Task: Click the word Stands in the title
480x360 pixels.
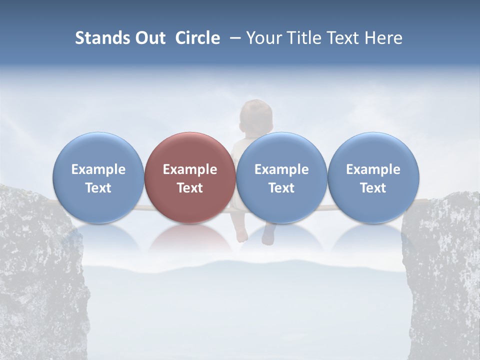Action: coord(102,38)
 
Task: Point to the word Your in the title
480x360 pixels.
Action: coord(263,38)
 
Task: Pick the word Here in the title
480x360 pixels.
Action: coord(383,38)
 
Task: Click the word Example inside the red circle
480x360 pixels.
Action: coord(190,169)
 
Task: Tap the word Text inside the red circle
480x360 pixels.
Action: coord(190,188)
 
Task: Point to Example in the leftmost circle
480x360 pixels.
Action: coord(98,169)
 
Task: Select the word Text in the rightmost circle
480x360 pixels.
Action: coord(373,188)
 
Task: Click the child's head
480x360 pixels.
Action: coord(255,114)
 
